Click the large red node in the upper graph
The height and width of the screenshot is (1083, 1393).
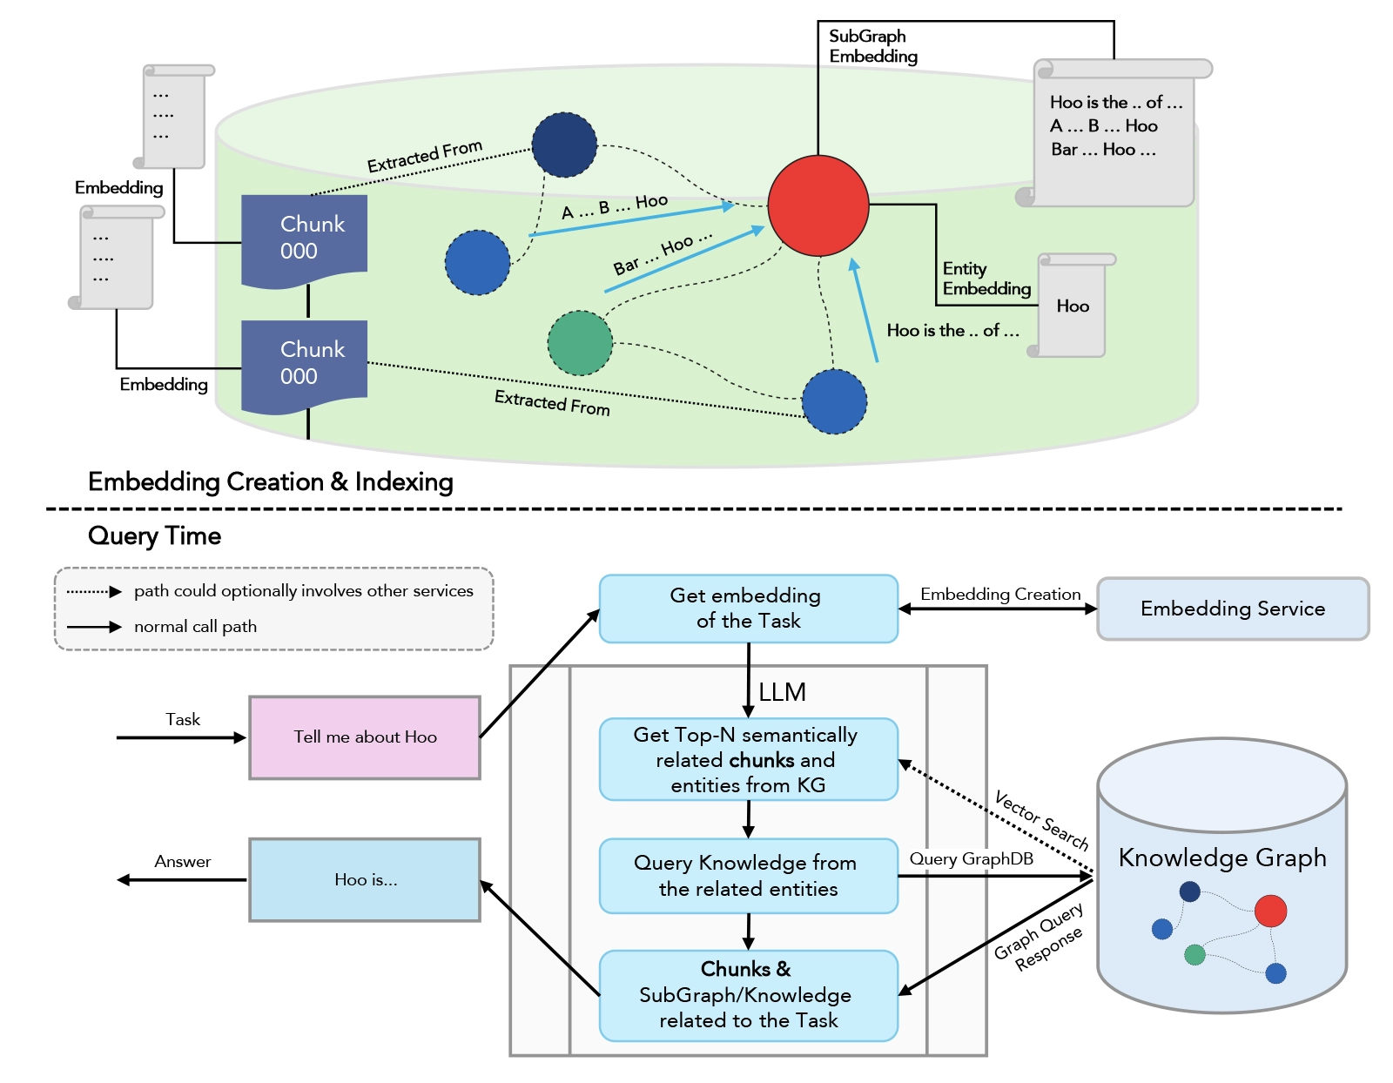click(818, 205)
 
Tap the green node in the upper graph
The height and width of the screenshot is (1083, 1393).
click(580, 343)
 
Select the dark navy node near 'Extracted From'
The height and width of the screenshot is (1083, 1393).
click(564, 145)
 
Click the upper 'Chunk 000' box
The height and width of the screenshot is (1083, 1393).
click(304, 238)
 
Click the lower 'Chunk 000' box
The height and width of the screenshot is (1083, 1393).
click(304, 363)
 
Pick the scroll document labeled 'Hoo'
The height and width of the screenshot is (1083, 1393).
click(1073, 306)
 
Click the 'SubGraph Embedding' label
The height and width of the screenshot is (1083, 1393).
click(872, 46)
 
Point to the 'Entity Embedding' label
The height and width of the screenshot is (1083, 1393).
click(986, 279)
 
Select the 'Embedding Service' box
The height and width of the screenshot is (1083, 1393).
click(1232, 609)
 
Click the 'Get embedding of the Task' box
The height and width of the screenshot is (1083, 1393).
click(748, 609)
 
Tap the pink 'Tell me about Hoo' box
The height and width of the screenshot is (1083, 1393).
click(365, 737)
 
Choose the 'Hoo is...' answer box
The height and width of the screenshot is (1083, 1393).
click(365, 880)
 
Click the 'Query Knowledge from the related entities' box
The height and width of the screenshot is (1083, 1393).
click(748, 876)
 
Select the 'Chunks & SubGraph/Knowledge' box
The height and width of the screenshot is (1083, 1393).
click(748, 995)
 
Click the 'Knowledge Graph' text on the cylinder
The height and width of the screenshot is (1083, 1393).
click(1221, 858)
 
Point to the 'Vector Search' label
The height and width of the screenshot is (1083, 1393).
click(1041, 820)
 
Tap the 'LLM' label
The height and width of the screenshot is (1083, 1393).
click(782, 692)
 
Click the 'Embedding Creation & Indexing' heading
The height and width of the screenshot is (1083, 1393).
click(270, 481)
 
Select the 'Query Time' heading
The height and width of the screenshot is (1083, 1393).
click(154, 535)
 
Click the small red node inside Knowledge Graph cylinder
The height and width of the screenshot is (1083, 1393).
click(1270, 911)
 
